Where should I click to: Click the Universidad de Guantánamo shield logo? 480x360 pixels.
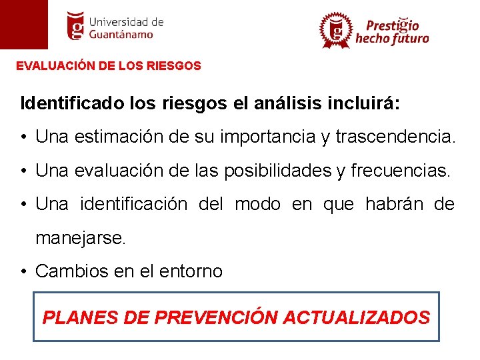[77, 25]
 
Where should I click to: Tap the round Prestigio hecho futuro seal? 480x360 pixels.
[335, 30]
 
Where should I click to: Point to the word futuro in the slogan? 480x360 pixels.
[409, 39]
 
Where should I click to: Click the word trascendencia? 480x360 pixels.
[396, 137]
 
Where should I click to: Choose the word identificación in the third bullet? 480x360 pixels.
[133, 204]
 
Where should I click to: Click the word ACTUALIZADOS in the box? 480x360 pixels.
[357, 317]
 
